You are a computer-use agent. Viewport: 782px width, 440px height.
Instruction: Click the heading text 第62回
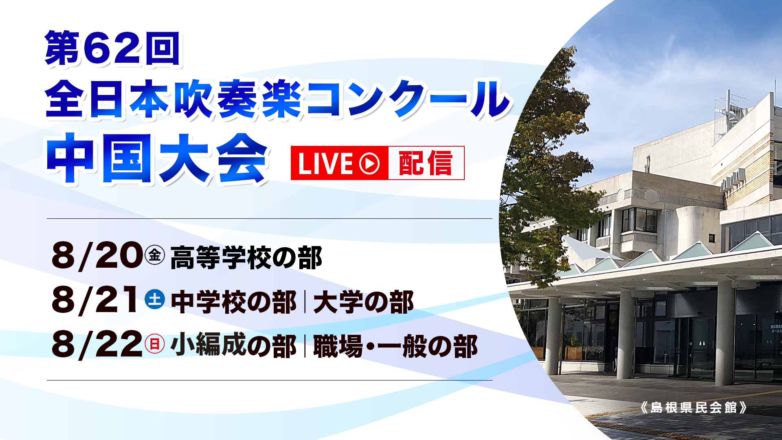click(x=112, y=48)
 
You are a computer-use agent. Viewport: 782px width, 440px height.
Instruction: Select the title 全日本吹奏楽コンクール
click(x=277, y=99)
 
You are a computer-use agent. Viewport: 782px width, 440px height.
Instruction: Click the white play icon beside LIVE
click(x=369, y=163)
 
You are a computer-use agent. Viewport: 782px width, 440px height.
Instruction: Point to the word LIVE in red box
click(x=325, y=163)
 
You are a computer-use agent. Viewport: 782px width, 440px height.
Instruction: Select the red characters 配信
click(x=426, y=163)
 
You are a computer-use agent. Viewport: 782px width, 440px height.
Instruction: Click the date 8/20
click(x=97, y=256)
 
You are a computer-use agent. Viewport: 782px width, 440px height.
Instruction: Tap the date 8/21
click(x=95, y=300)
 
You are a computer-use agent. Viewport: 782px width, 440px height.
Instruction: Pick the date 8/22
click(x=97, y=345)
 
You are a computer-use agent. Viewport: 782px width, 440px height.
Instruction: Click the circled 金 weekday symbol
click(x=155, y=255)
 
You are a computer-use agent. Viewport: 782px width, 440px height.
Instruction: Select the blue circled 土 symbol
click(x=155, y=299)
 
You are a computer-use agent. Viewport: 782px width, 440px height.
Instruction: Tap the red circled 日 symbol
click(x=155, y=344)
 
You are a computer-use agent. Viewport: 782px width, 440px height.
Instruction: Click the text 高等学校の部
click(x=246, y=258)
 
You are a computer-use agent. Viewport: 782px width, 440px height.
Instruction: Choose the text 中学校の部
click(x=234, y=302)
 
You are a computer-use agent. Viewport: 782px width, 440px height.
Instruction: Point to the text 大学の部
click(x=364, y=302)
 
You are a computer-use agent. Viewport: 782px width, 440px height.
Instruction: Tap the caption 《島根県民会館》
click(x=694, y=407)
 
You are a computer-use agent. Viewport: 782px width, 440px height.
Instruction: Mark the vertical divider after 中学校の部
click(x=305, y=302)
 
